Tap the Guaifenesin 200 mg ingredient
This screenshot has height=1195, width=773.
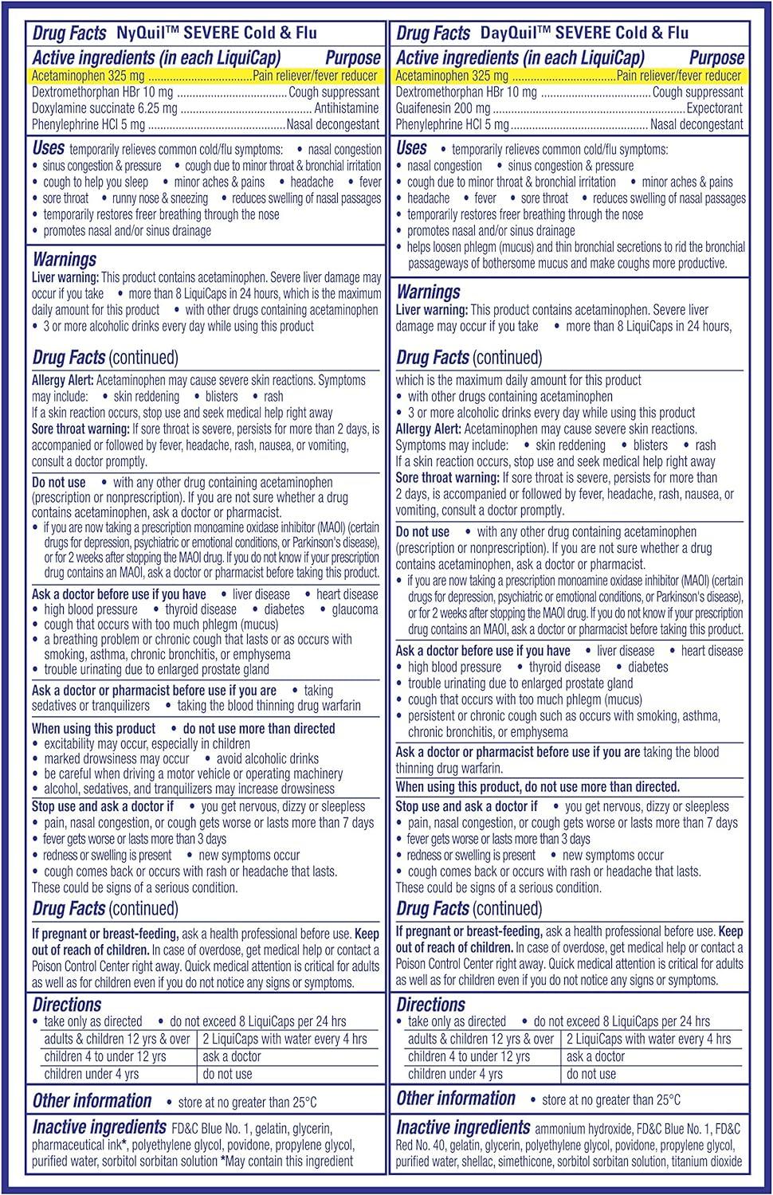(x=443, y=108)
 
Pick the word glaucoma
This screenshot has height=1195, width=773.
(x=355, y=609)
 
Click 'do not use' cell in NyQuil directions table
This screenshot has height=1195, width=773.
(x=227, y=1074)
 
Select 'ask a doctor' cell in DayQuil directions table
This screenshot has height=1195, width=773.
(x=595, y=1056)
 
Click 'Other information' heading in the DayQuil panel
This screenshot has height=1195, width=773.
(x=456, y=1099)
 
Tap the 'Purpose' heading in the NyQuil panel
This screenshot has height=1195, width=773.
(x=352, y=58)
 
